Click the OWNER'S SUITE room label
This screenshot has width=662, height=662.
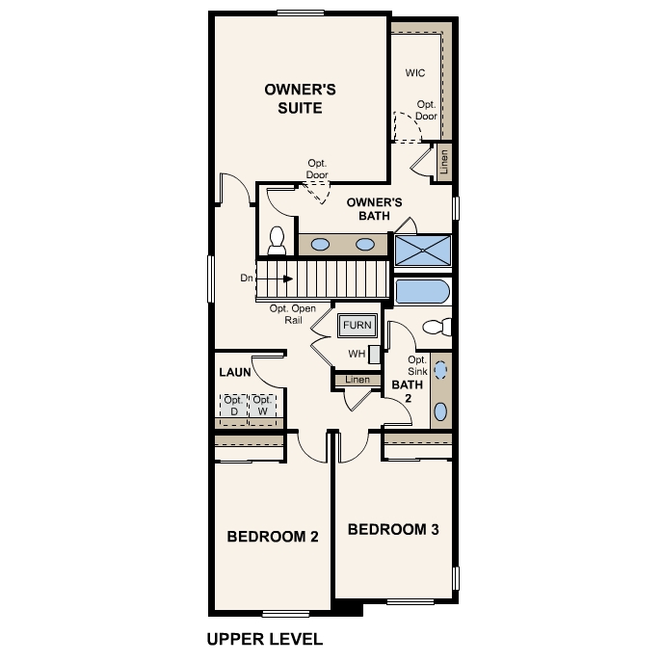click(x=300, y=98)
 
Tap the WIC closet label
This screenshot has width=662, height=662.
click(x=415, y=72)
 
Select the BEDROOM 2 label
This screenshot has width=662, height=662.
click(x=273, y=537)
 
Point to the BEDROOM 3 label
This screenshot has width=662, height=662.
click(x=393, y=529)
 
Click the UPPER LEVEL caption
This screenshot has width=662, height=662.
click(x=264, y=638)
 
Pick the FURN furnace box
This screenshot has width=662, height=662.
click(x=357, y=326)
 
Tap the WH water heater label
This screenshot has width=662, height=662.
click(x=357, y=354)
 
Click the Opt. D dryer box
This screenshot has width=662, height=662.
click(x=233, y=407)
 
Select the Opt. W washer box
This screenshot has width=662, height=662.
click(x=262, y=407)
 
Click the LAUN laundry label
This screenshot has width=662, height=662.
click(x=235, y=370)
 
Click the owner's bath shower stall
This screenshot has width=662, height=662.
click(x=423, y=249)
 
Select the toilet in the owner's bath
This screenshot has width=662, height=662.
click(x=278, y=240)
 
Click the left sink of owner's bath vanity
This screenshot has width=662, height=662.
click(x=322, y=244)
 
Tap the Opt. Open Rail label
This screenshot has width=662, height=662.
click(x=293, y=314)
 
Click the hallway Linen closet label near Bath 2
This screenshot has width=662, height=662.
click(x=357, y=381)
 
